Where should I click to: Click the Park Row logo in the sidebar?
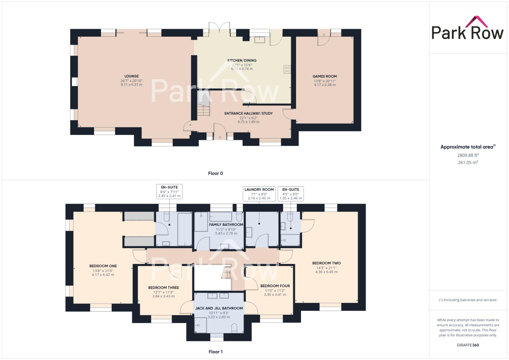(467, 28)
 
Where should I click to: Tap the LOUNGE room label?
(131, 76)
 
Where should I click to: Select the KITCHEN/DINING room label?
(242, 60)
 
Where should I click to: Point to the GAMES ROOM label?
(324, 76)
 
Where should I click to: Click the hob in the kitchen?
(287, 69)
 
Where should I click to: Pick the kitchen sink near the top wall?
(259, 40)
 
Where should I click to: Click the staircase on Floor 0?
(203, 110)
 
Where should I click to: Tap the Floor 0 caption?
(215, 173)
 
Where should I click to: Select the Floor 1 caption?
(215, 352)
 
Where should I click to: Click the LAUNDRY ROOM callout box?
(259, 194)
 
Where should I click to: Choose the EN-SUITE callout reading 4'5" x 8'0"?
(290, 194)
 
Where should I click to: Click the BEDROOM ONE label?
(103, 266)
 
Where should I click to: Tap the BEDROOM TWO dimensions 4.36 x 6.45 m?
(326, 272)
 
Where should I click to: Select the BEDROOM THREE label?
(163, 288)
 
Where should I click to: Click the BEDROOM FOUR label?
(275, 286)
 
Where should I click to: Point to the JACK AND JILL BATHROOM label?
(219, 308)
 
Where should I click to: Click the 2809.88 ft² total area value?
(468, 155)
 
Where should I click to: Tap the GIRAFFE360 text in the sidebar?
(468, 345)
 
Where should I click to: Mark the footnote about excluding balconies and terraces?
(468, 300)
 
